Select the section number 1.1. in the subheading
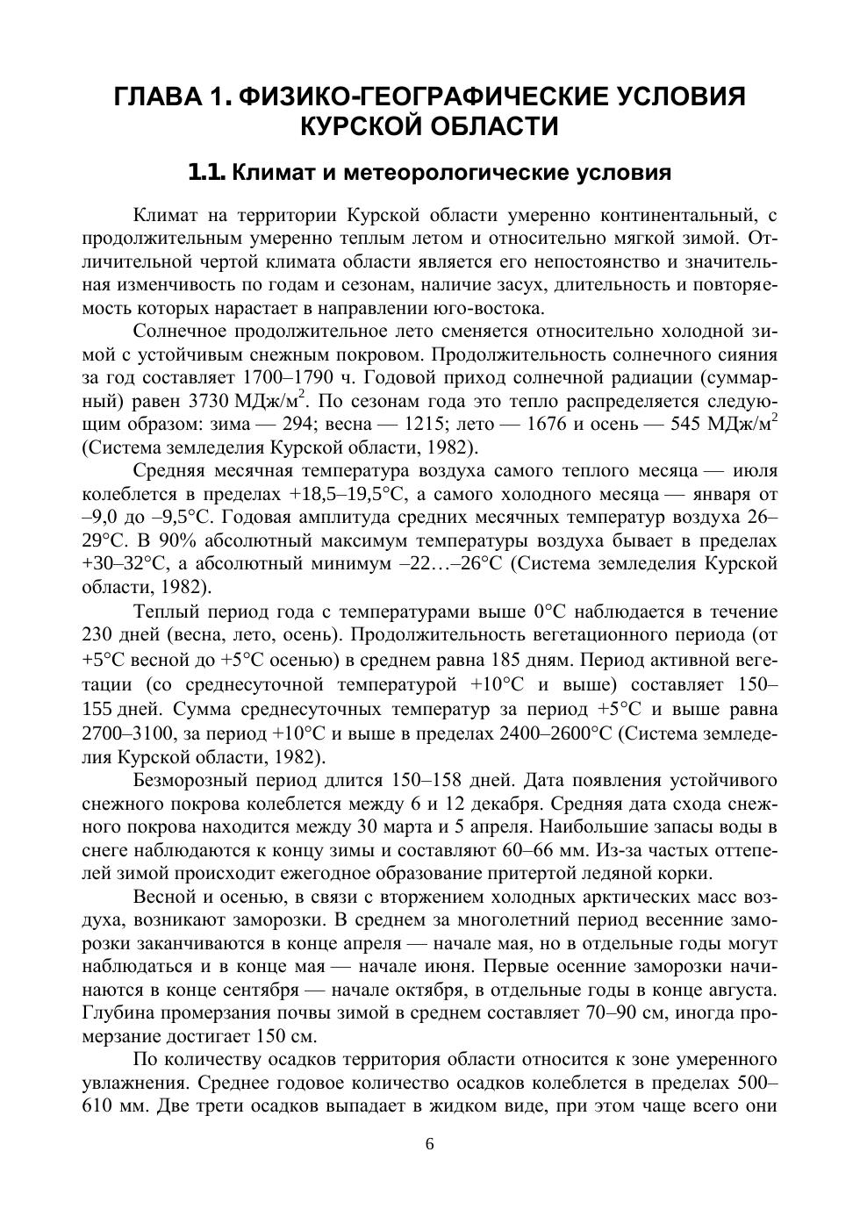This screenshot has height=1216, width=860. pos(208,173)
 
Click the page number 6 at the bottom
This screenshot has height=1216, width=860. pos(430,1144)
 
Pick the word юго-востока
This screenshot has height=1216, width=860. pos(488,308)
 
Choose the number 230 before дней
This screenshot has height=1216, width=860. pos(99,634)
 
